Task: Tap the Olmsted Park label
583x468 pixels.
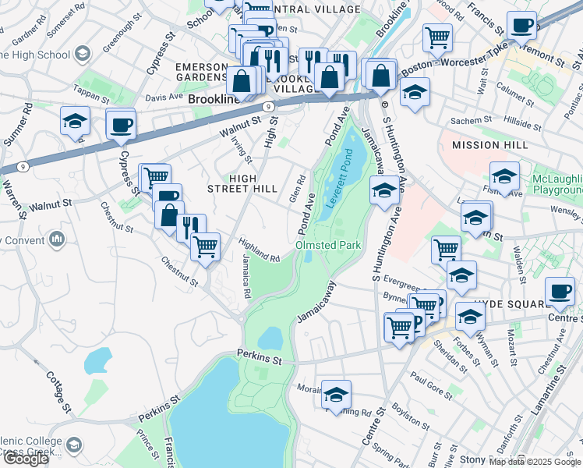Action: pos(328,245)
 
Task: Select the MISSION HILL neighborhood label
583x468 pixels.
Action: pos(490,145)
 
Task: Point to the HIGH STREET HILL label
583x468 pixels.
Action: pos(242,183)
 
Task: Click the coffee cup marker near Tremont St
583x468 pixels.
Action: pos(521,26)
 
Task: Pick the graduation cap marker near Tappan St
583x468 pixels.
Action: pos(75,121)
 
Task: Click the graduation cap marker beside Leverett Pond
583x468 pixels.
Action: pos(383,190)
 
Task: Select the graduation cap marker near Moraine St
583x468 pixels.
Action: pos(336,395)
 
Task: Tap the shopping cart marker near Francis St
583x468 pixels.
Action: pos(437,37)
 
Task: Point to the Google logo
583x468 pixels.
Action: pos(26,459)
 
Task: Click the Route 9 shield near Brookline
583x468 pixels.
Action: pos(267,105)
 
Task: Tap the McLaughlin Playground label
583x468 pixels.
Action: pos(556,185)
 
